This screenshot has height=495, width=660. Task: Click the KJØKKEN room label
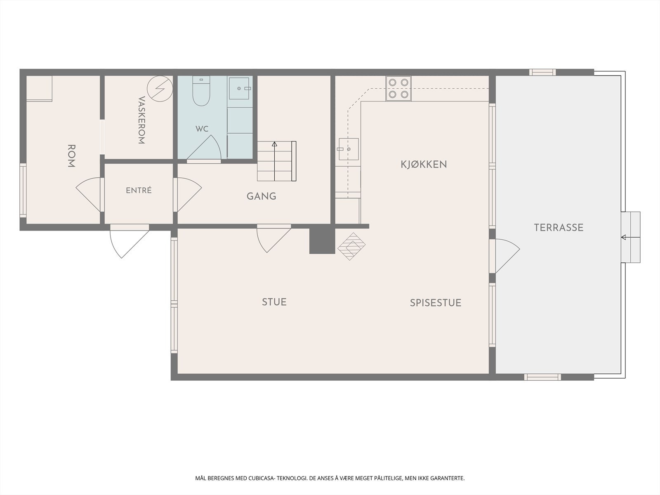[424, 165]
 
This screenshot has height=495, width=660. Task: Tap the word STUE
[274, 302]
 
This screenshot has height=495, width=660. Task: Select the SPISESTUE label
[436, 303]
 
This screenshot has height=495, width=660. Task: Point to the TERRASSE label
[559, 228]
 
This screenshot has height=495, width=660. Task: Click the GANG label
[261, 196]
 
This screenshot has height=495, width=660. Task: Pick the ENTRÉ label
[139, 190]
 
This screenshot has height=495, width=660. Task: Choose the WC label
[202, 129]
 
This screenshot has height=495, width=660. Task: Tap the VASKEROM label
[141, 120]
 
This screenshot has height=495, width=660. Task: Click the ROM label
[71, 156]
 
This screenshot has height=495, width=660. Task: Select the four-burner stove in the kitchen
[398, 88]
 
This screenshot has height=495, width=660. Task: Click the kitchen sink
[349, 149]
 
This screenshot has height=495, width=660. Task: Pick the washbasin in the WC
[239, 88]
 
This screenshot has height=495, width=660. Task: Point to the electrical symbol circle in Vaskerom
[160, 89]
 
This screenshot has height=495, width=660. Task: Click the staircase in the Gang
[277, 161]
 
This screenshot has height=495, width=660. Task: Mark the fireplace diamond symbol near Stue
[351, 246]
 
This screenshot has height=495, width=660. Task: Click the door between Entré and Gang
[187, 195]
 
